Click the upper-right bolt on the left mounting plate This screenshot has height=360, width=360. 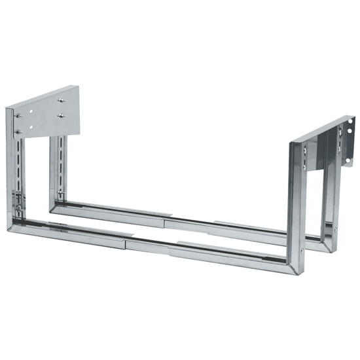click(x=61, y=100)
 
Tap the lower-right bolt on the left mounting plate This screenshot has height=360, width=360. click(x=61, y=117)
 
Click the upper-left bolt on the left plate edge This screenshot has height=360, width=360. click(x=18, y=116)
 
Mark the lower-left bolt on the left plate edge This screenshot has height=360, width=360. click(x=18, y=132)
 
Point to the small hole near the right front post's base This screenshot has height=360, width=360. click(x=300, y=249)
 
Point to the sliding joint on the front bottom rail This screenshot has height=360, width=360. click(x=128, y=240)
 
